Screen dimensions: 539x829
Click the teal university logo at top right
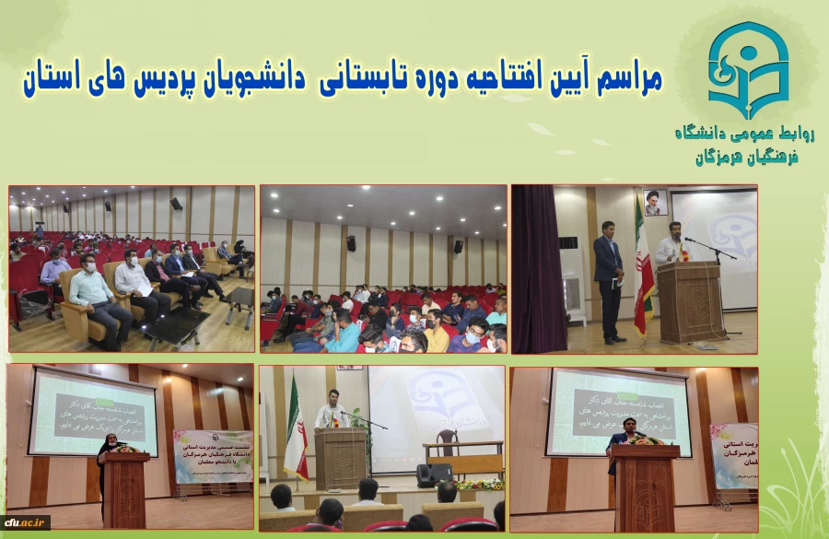click(748, 70)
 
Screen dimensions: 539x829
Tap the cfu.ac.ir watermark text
click(25, 522)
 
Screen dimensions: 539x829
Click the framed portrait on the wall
click(655, 203)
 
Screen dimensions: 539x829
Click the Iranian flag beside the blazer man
click(643, 267)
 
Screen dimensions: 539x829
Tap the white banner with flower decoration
click(213, 455)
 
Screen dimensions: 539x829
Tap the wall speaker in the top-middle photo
click(351, 243)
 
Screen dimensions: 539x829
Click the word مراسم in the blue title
click(625, 78)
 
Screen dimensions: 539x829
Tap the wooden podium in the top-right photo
click(688, 299)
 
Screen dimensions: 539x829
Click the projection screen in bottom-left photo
click(93, 412)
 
